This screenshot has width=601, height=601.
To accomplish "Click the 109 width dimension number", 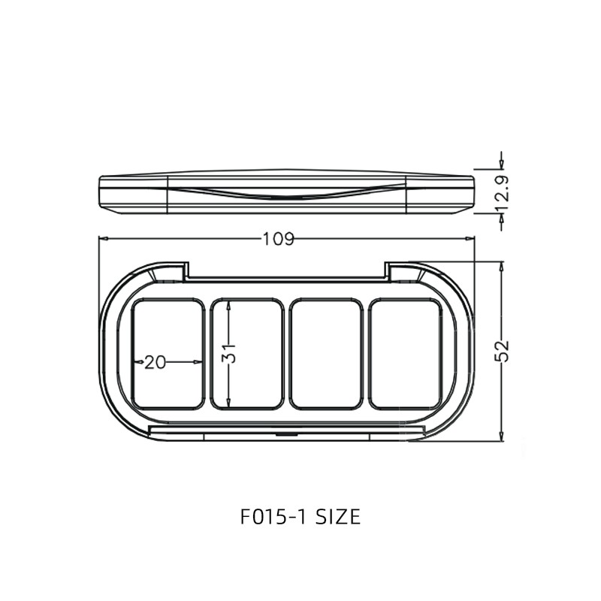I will [278, 240].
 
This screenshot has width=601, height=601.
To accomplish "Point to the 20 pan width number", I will [155, 362].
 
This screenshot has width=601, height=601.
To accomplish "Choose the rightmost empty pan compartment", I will [406, 354].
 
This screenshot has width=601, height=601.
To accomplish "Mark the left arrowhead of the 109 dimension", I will [104, 240].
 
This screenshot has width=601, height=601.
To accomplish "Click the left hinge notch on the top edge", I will [185, 270].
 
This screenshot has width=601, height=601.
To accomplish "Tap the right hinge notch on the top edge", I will [388, 270].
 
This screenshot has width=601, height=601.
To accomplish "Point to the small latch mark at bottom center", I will [286, 433].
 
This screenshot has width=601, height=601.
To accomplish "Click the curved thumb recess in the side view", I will [285, 194].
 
